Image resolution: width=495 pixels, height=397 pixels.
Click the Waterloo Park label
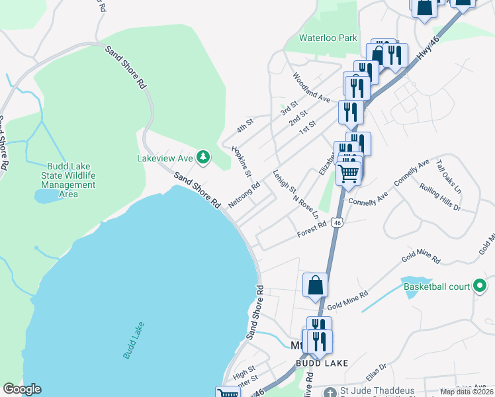pyautogui.click(x=328, y=38)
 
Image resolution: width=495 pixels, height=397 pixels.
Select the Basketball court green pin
pyautogui.click(x=480, y=287)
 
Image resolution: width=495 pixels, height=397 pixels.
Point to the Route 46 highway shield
pyautogui.click(x=337, y=223)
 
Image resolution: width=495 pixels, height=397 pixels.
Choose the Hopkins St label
pyautogui.click(x=242, y=161)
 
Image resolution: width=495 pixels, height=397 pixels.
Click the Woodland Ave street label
pyautogui.click(x=311, y=87)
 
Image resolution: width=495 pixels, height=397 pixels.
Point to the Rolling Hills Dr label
pyautogui.click(x=439, y=197)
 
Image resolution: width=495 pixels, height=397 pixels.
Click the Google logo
pyautogui.click(x=22, y=389)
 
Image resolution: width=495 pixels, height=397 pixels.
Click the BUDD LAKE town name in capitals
pyautogui.click(x=322, y=363)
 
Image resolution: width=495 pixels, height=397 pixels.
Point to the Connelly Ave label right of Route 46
pyautogui.click(x=412, y=172)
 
